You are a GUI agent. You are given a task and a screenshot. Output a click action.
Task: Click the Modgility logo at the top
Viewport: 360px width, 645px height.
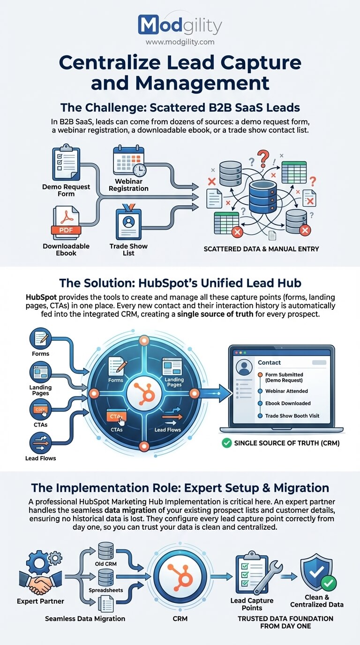pyautogui.click(x=180, y=25)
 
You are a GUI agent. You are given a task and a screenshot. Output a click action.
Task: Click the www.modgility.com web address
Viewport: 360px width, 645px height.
pyautogui.click(x=180, y=42)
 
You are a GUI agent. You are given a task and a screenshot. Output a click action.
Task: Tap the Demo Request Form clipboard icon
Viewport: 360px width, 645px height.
pyautogui.click(x=66, y=163)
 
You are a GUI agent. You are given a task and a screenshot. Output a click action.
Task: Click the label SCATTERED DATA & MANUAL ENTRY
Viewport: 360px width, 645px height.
pyautogui.click(x=261, y=249)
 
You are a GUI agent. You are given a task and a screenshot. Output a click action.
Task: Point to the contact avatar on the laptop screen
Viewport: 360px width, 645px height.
pyautogui.click(x=244, y=367)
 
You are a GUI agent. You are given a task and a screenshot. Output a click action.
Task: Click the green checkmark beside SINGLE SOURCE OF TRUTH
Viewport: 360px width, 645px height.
pyautogui.click(x=226, y=442)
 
